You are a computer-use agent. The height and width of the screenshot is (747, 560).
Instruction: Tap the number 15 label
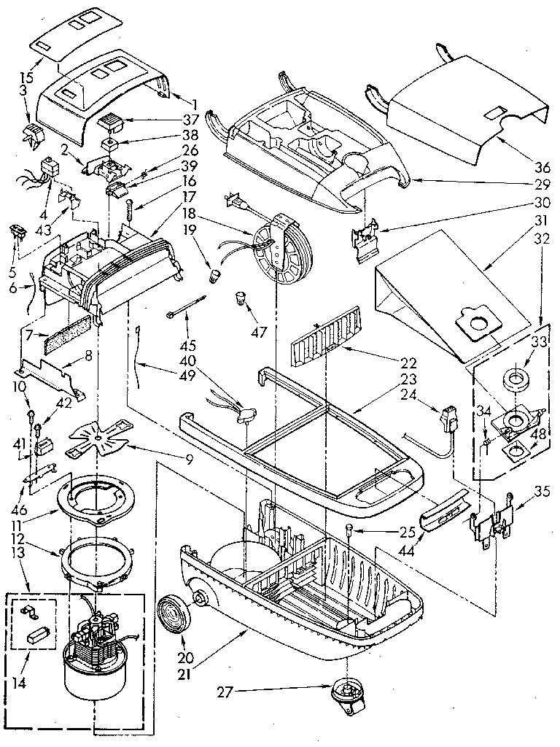25,77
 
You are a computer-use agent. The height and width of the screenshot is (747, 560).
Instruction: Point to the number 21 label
188,663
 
